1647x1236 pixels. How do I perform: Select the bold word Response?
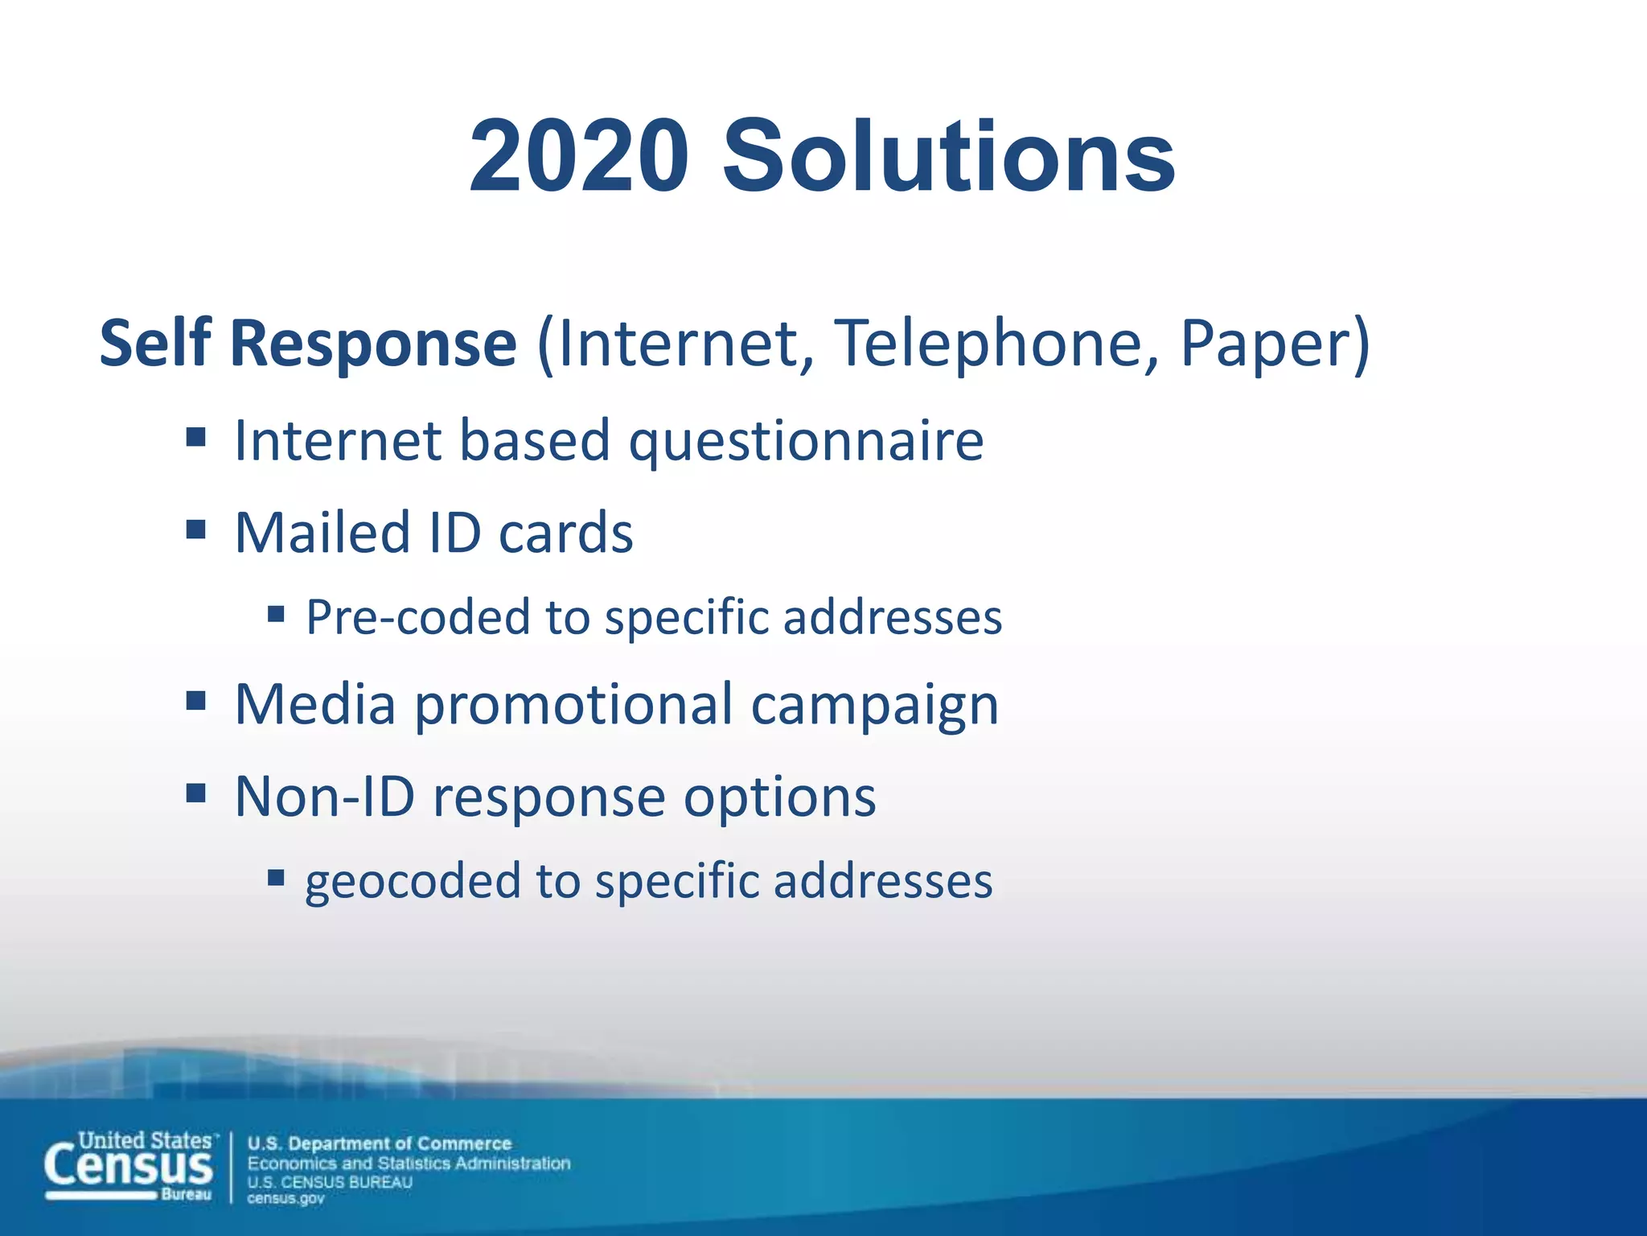(x=373, y=344)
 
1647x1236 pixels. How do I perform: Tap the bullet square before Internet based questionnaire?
(x=196, y=438)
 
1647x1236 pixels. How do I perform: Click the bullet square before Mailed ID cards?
(x=196, y=529)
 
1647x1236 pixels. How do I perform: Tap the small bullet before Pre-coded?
(x=277, y=615)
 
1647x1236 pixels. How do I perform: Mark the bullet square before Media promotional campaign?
(x=196, y=701)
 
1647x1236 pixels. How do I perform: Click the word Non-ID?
(x=325, y=797)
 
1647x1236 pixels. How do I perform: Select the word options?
(x=779, y=798)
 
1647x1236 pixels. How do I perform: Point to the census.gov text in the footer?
(x=285, y=1199)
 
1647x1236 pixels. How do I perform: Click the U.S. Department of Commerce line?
(x=380, y=1143)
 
